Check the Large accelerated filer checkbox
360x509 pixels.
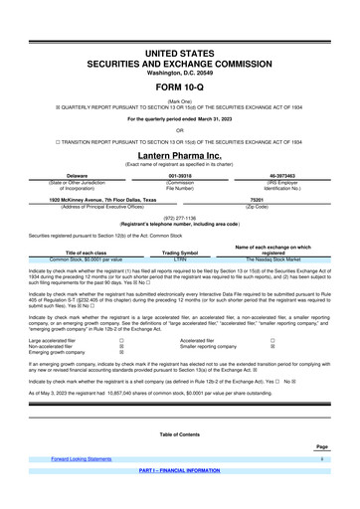point(121,340)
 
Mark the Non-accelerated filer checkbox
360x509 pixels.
point(121,346)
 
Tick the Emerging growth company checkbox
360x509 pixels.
point(121,352)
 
